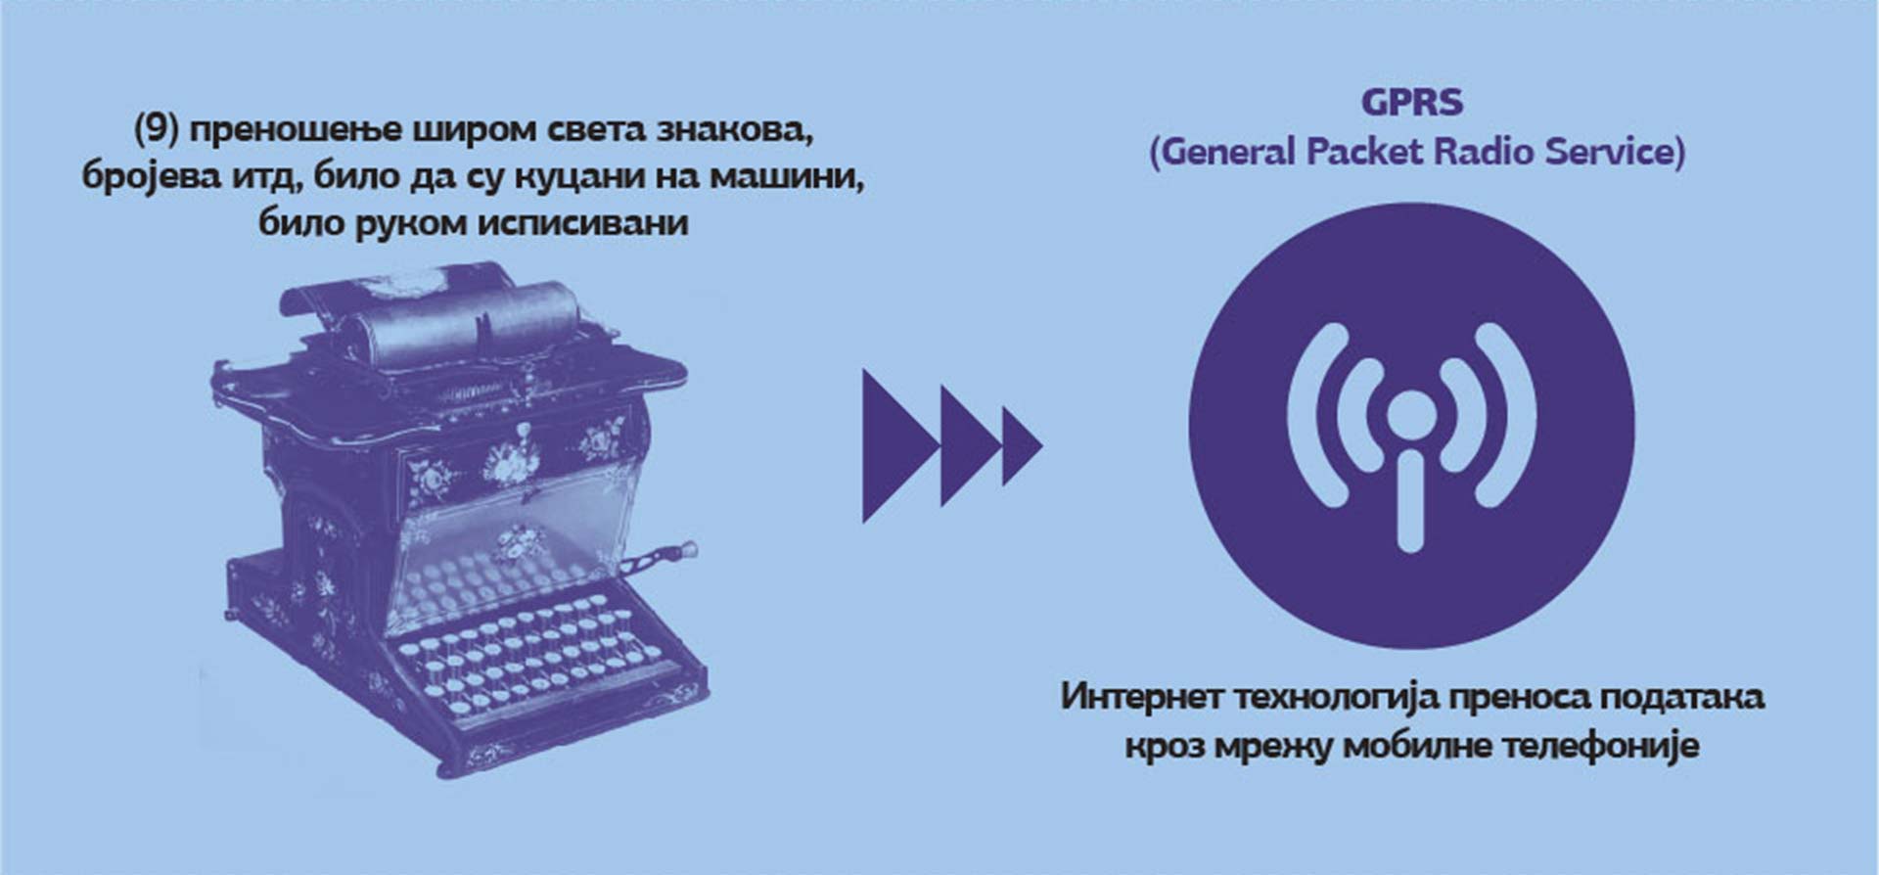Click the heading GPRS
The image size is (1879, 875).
(x=1411, y=102)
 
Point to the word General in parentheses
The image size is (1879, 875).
(x=1228, y=153)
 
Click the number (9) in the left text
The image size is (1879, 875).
(x=156, y=129)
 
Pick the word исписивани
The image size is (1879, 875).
(x=583, y=224)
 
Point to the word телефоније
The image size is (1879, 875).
(x=1601, y=747)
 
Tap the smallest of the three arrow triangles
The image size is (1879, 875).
(x=1021, y=446)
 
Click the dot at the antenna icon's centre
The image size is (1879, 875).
(x=1410, y=415)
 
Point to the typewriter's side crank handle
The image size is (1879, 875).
(x=661, y=557)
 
